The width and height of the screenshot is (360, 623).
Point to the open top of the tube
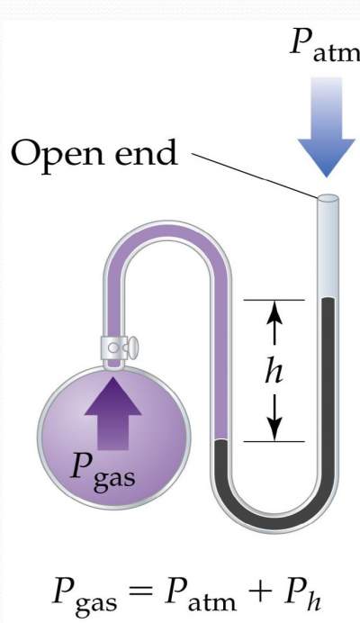[328, 198]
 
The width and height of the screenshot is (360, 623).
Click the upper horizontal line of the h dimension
[275, 298]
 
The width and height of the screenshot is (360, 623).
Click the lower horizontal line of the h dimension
[275, 441]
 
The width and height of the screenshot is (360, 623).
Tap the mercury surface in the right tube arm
[328, 300]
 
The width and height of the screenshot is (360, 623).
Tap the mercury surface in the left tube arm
[224, 442]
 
